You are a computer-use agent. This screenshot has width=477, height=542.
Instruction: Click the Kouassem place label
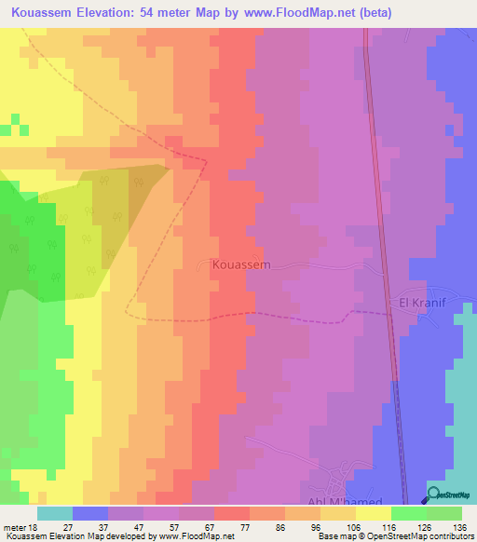[x=240, y=264]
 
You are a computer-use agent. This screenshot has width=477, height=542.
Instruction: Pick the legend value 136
[x=459, y=527]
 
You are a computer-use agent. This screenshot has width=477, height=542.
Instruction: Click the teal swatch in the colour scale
[x=55, y=513]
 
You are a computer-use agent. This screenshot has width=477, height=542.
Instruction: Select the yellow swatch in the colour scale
[x=373, y=513]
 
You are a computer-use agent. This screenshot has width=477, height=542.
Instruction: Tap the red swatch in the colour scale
[x=231, y=513]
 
